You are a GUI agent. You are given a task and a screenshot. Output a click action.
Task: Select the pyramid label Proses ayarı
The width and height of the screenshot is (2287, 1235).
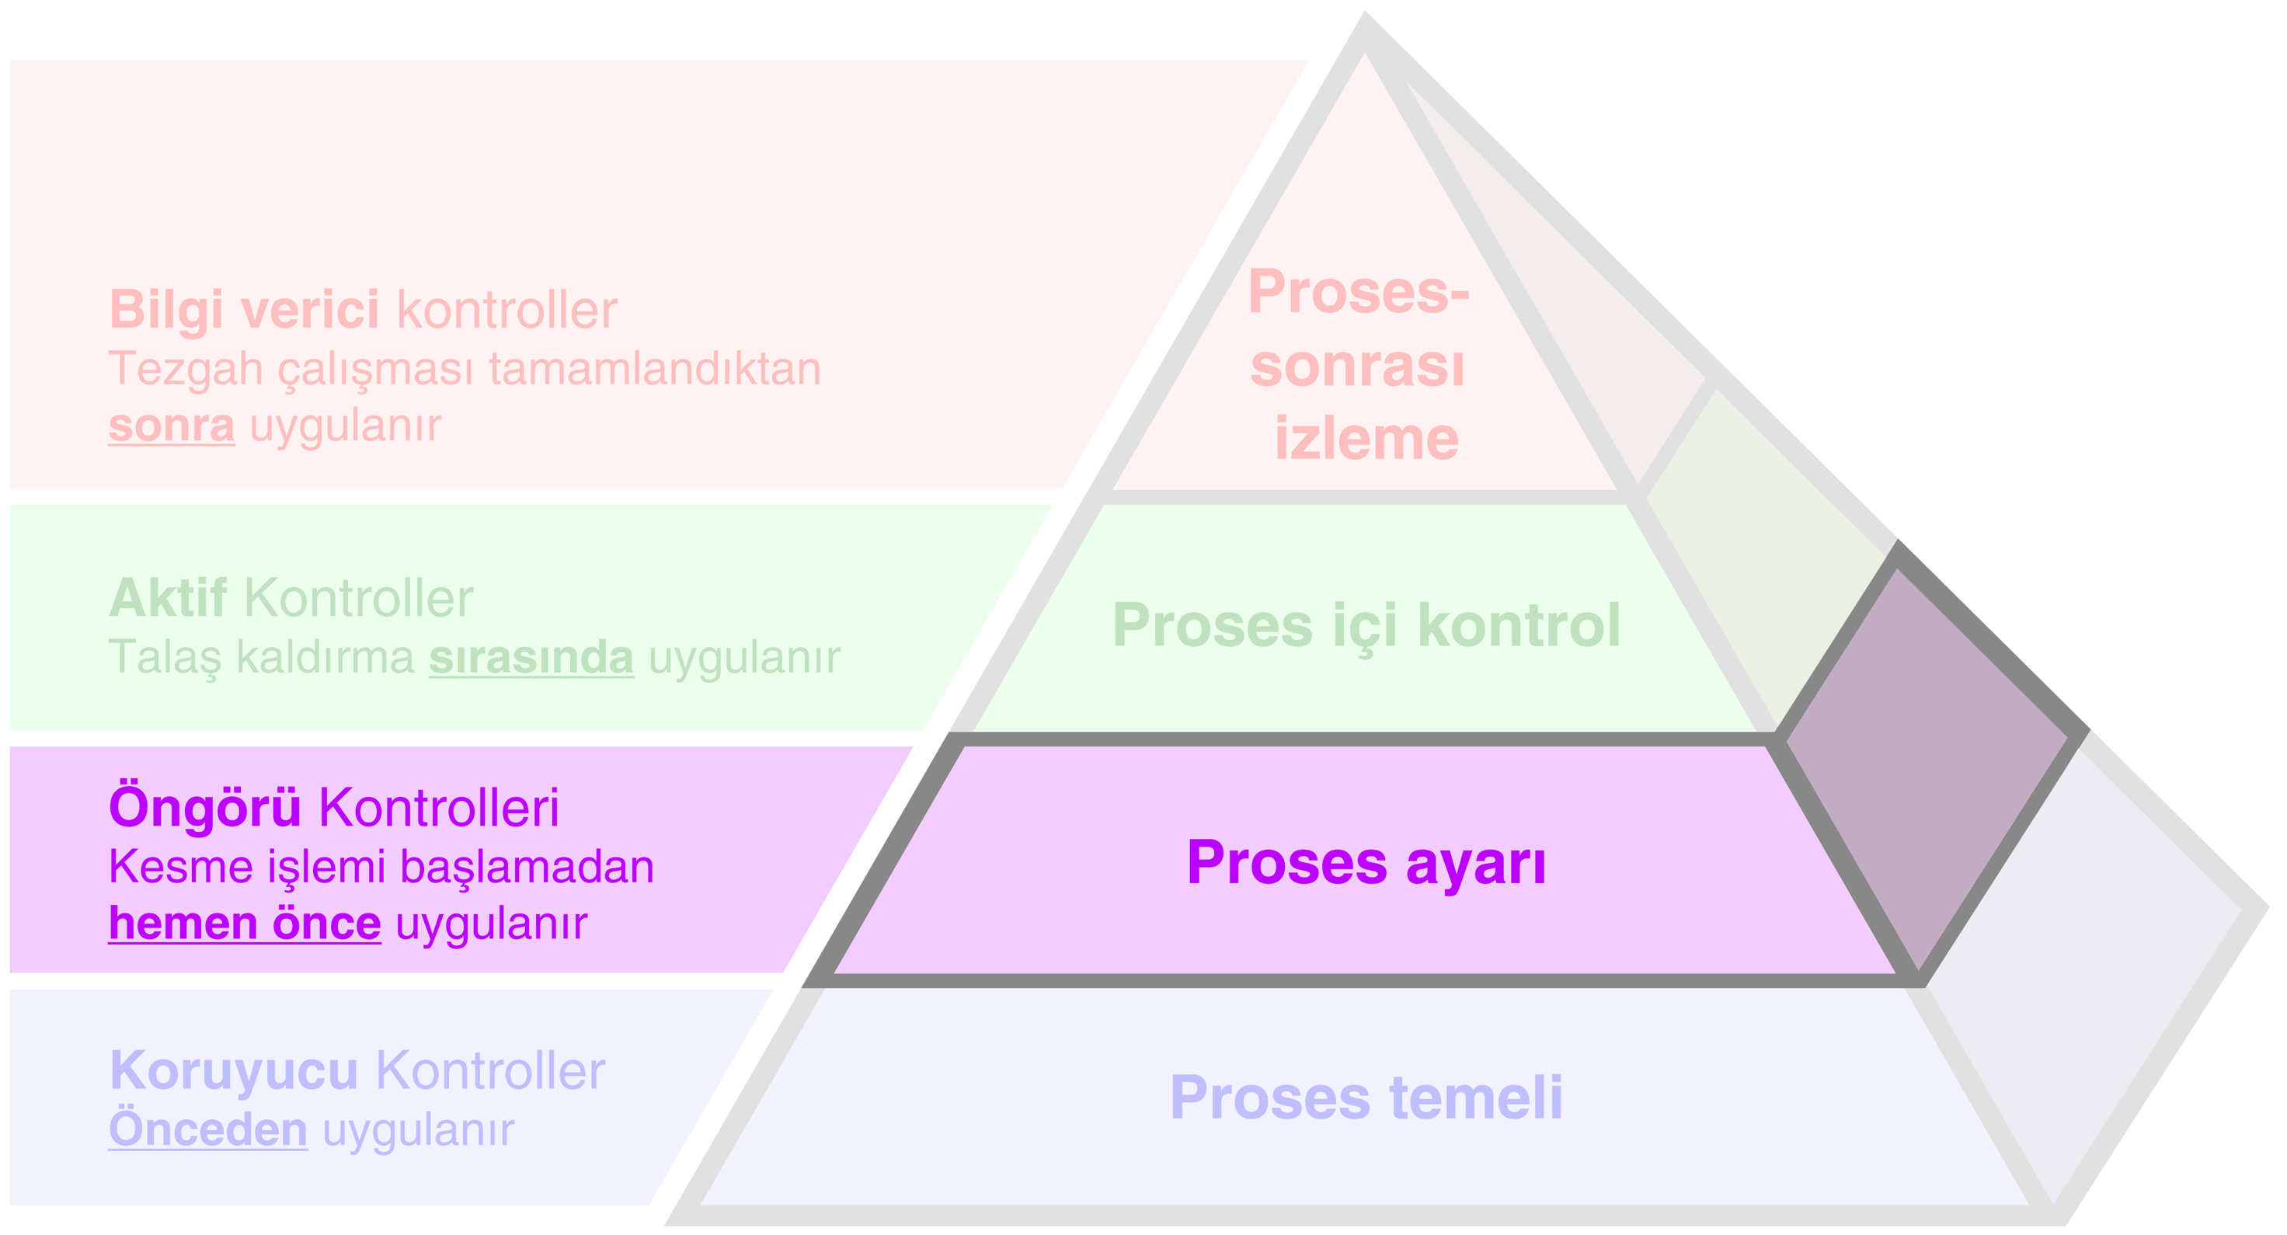pos(1366,862)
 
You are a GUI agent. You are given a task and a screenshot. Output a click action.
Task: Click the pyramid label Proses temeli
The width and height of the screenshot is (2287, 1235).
pos(1366,1098)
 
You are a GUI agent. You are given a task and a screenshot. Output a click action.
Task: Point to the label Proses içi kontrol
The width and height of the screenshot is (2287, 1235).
pos(1366,625)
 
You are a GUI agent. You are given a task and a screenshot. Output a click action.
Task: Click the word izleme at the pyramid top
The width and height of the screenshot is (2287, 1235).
pos(1366,439)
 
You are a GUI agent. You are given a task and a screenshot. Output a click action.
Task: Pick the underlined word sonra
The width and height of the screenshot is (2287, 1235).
pos(172,426)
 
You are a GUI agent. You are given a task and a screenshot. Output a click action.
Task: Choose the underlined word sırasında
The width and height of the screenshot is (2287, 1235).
pos(531,657)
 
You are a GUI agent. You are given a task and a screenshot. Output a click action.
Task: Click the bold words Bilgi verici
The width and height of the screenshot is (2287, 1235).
pos(244,310)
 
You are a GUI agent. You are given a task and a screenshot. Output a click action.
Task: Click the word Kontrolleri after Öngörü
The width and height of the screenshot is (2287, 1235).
pos(439,807)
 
